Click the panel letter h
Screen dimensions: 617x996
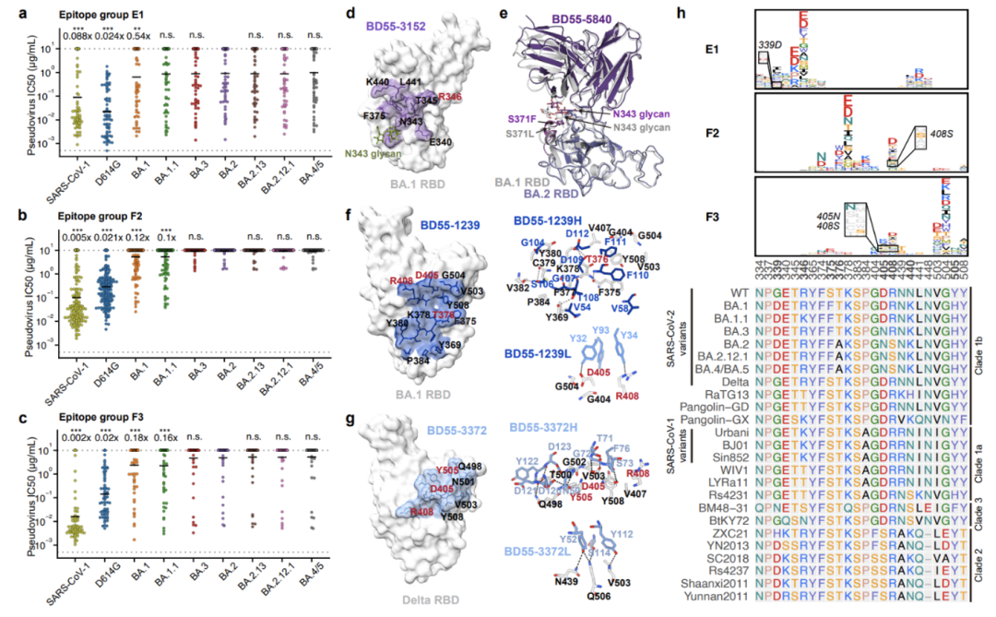681,12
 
